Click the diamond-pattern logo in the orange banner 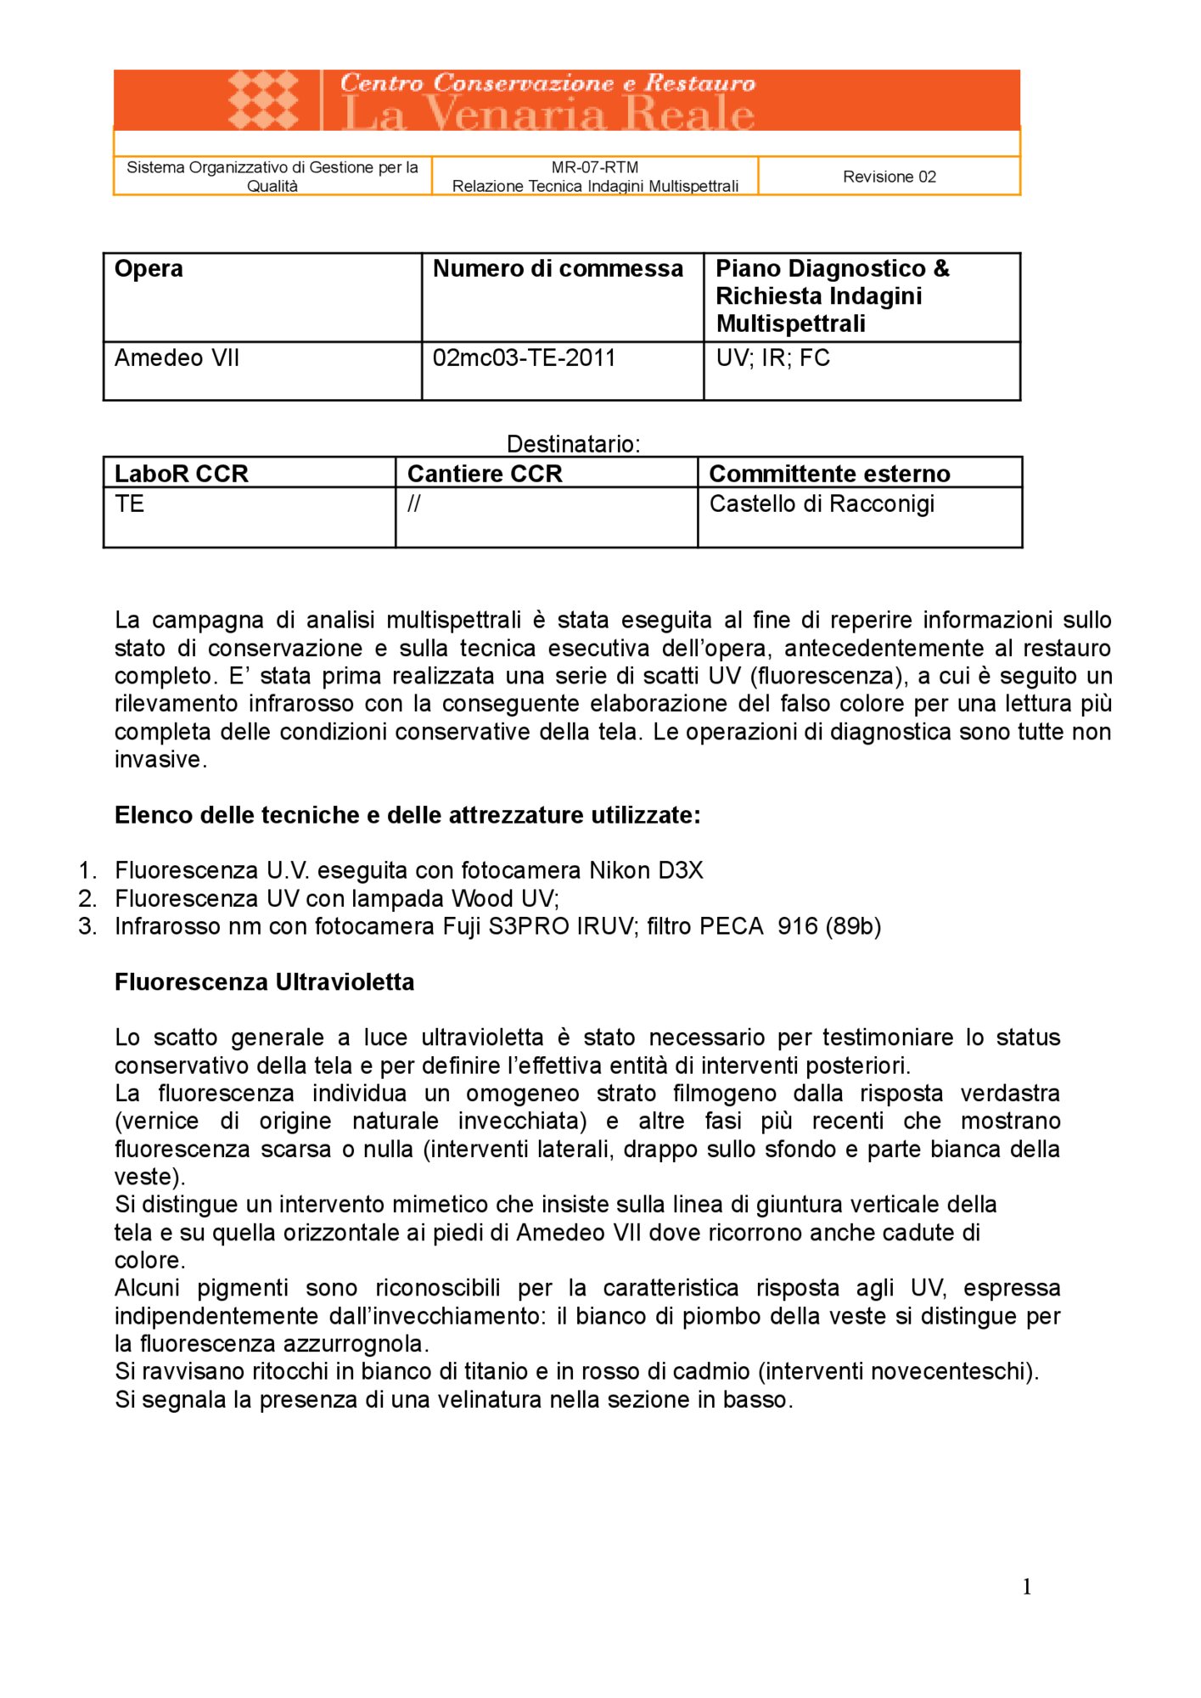[x=264, y=100]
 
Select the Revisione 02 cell [x=889, y=177]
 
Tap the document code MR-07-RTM [x=594, y=167]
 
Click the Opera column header [x=149, y=269]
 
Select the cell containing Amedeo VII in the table [x=177, y=358]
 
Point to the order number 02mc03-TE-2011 [x=524, y=358]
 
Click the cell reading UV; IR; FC [x=772, y=358]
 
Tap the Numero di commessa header [x=558, y=269]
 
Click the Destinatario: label [x=573, y=444]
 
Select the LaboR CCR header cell [x=182, y=474]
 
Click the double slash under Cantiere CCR [x=414, y=504]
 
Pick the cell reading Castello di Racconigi [x=822, y=504]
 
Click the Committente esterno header [x=829, y=474]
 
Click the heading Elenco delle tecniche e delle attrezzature [x=407, y=816]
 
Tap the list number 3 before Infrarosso [x=87, y=926]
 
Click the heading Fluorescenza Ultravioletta [x=265, y=982]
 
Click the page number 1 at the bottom [x=1027, y=1587]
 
